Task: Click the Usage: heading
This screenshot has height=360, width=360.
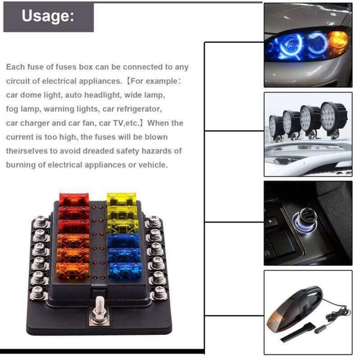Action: (x=49, y=16)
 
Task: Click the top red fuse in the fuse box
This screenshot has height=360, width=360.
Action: (x=73, y=199)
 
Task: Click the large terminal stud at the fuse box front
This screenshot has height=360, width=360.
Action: (x=98, y=313)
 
